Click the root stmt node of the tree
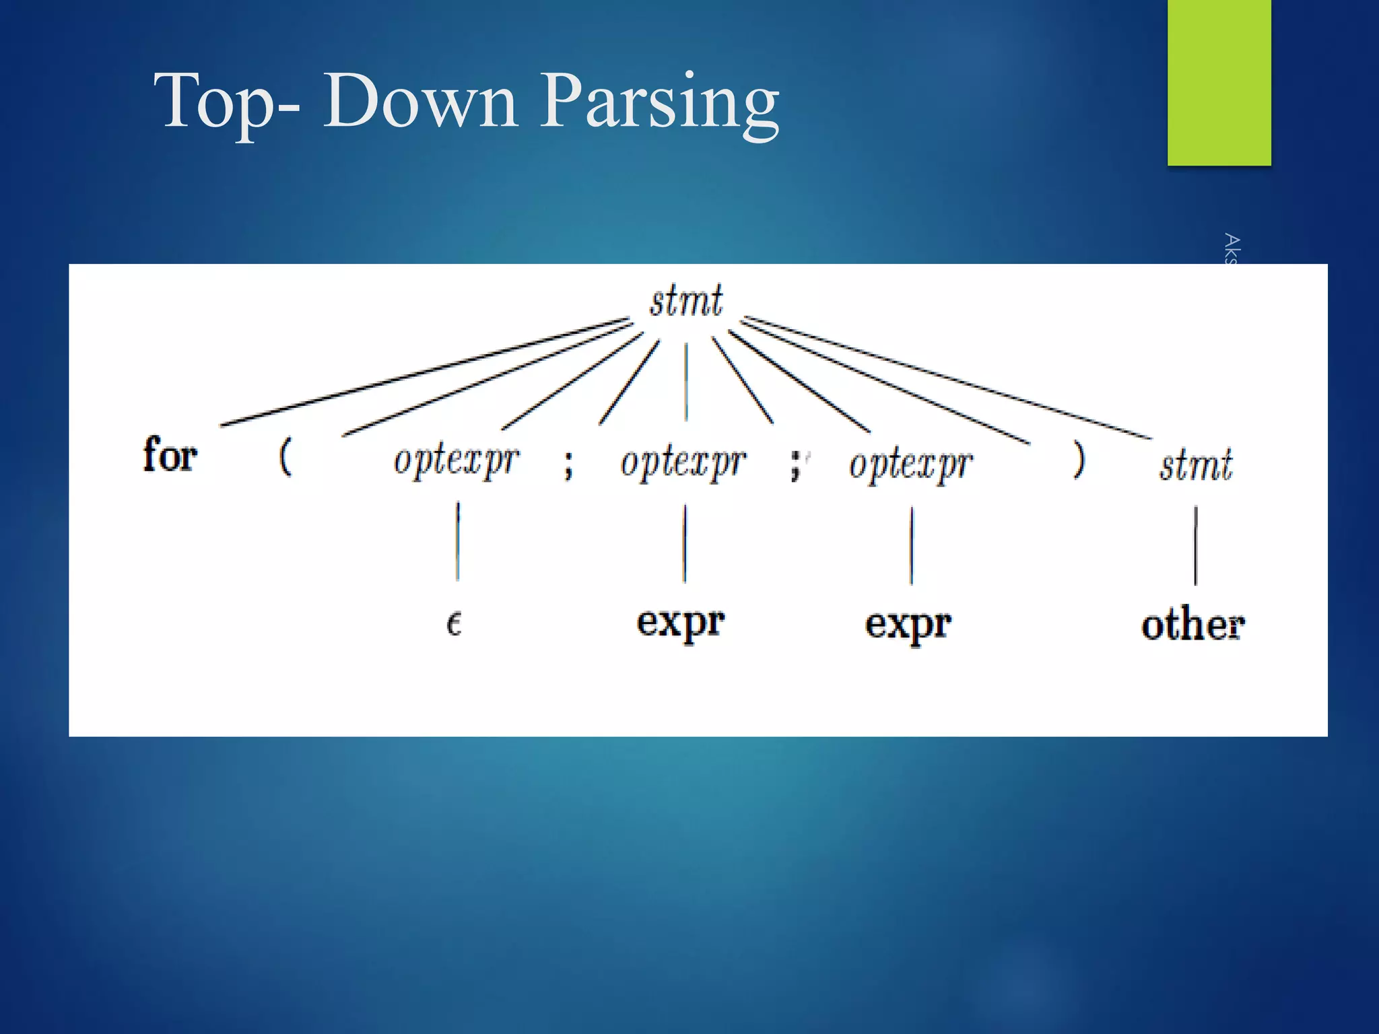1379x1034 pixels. (x=685, y=301)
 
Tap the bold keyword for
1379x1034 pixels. (x=170, y=455)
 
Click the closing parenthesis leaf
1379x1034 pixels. (x=1079, y=460)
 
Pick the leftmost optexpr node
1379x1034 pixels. (x=456, y=462)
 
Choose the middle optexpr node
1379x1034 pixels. (x=683, y=464)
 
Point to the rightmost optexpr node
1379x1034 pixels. (x=910, y=465)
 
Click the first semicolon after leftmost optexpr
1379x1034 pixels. (x=569, y=464)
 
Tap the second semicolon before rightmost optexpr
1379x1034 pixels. (x=795, y=465)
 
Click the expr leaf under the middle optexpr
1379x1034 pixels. (x=680, y=623)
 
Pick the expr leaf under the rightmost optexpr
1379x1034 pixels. (x=908, y=625)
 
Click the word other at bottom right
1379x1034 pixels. (x=1192, y=625)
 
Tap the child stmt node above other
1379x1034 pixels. (x=1195, y=465)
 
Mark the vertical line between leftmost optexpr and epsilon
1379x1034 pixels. (x=458, y=541)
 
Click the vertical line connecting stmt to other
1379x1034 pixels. (x=1196, y=545)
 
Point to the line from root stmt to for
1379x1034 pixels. (x=424, y=372)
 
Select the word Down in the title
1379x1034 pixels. (x=420, y=101)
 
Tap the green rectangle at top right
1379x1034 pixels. (x=1219, y=82)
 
